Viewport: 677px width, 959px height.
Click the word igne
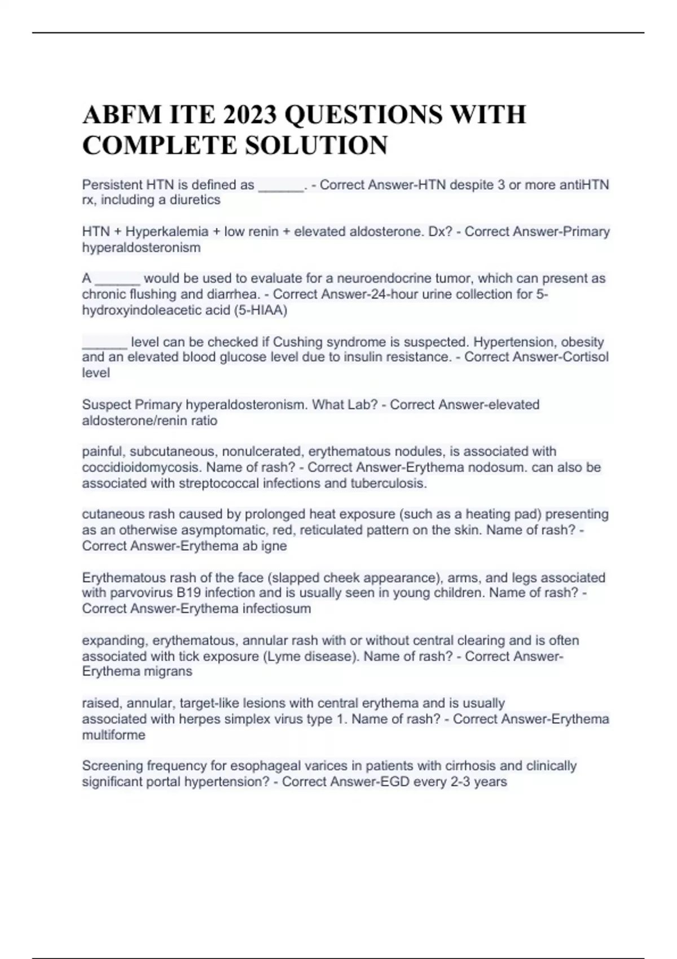(274, 546)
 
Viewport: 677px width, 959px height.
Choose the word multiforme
(113, 734)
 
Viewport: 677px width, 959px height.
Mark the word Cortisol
(586, 357)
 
